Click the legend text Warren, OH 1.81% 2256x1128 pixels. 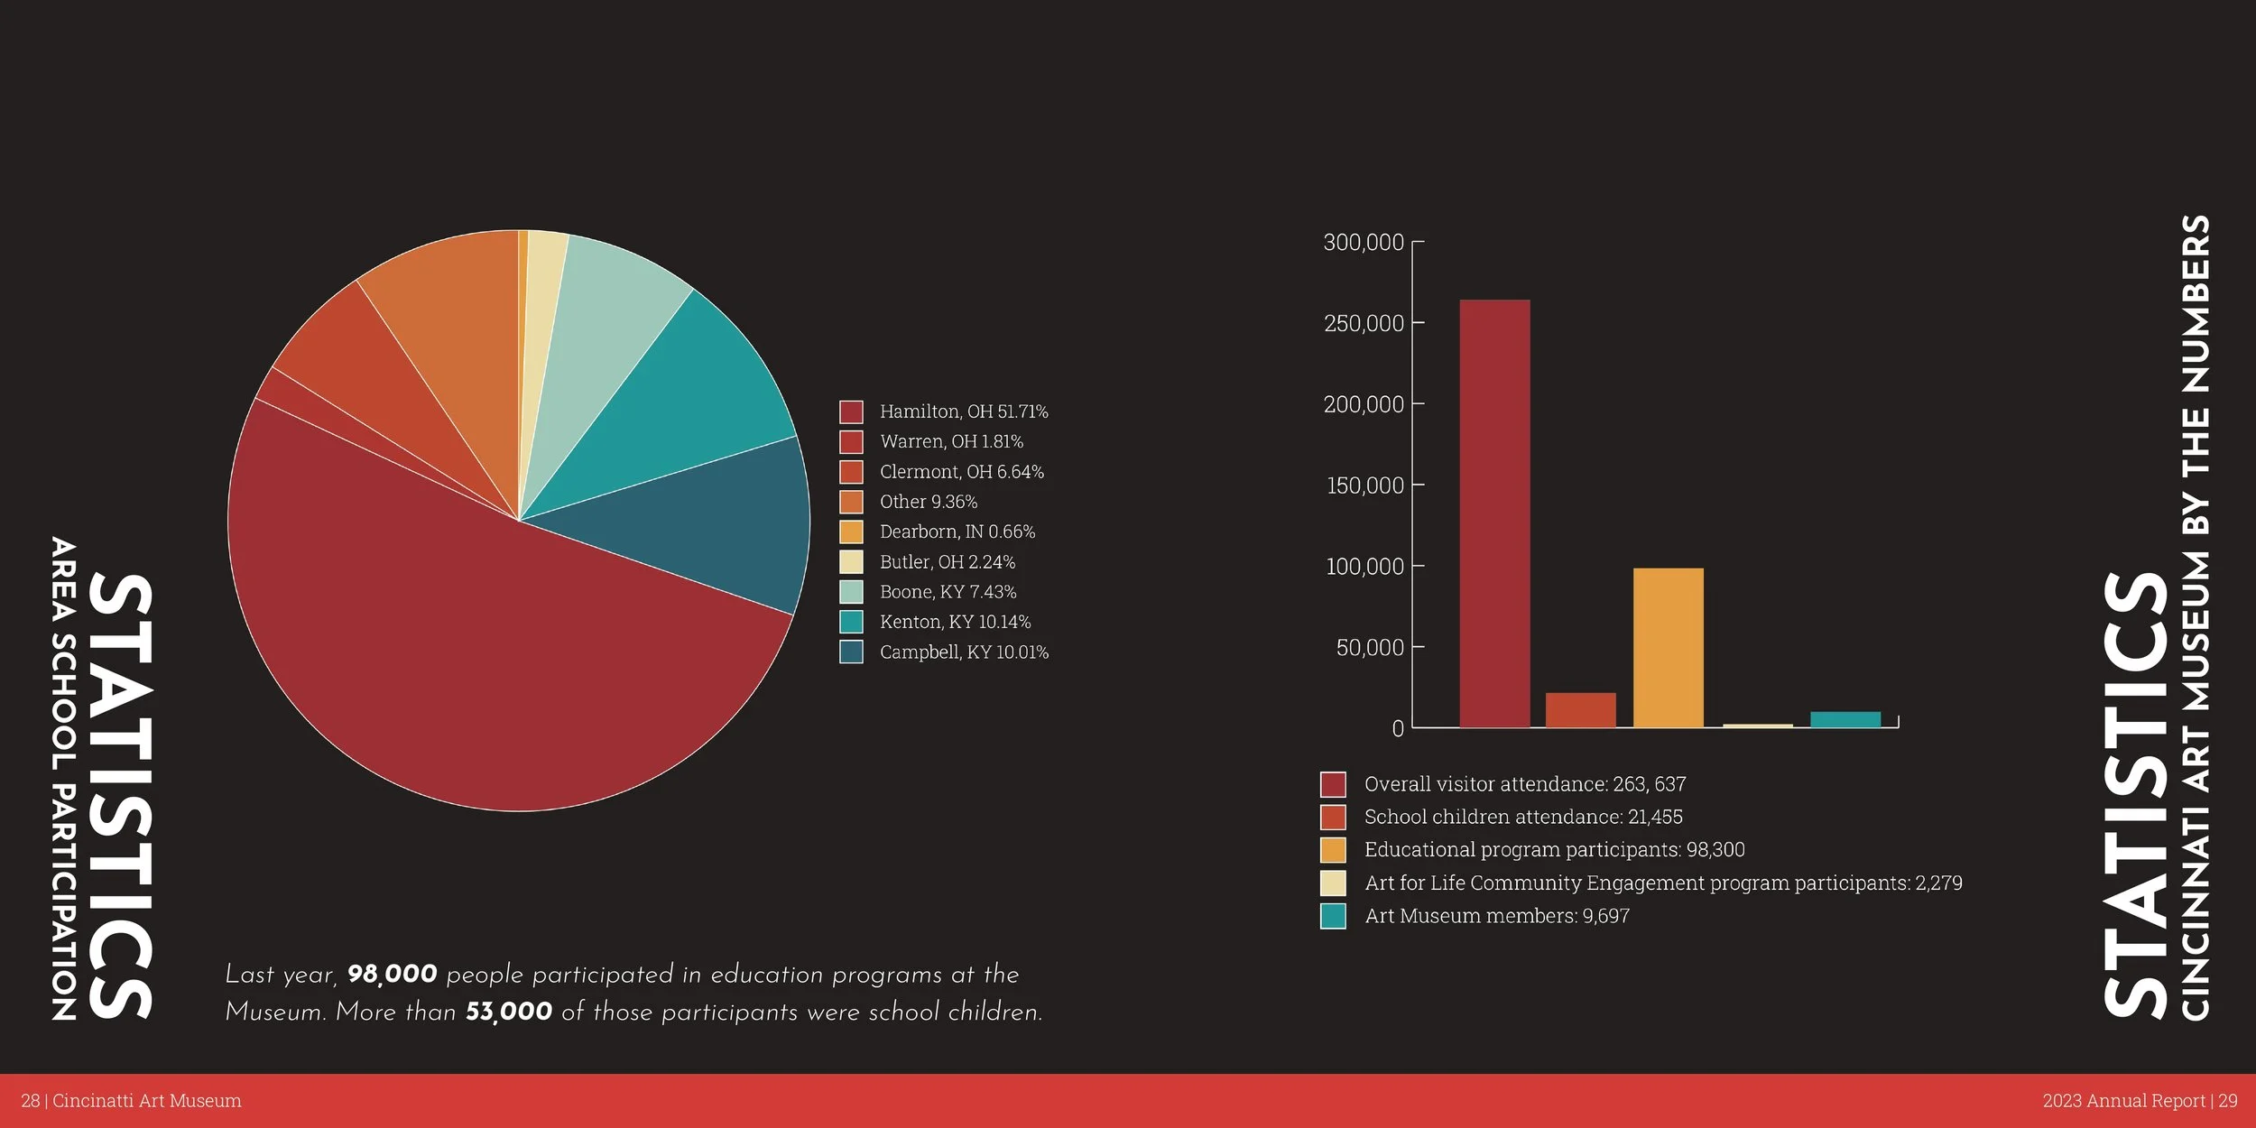click(951, 441)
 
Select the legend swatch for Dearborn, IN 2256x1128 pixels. click(851, 532)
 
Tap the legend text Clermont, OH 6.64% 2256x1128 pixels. click(961, 472)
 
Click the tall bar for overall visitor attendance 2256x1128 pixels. click(1494, 514)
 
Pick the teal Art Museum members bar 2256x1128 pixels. click(1845, 719)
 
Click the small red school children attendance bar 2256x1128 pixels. click(1580, 709)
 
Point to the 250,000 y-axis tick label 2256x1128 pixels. click(1363, 323)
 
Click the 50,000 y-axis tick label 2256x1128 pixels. click(1369, 648)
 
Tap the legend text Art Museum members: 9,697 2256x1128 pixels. click(1496, 916)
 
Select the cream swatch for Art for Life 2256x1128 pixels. click(1333, 883)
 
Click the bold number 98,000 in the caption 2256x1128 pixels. click(392, 975)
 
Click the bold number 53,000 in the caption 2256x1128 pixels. click(508, 1012)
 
